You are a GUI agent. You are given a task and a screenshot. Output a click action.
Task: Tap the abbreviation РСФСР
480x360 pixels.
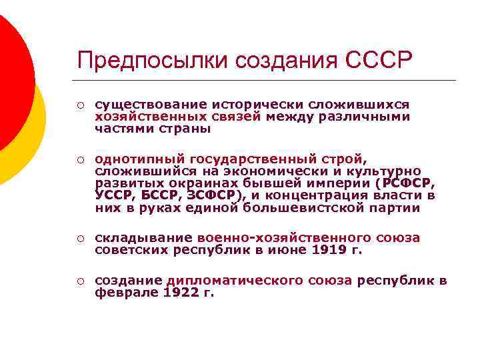407,183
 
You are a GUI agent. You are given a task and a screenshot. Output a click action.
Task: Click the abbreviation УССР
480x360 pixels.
115,195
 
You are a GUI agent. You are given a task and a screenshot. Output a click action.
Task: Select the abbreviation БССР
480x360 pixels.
159,195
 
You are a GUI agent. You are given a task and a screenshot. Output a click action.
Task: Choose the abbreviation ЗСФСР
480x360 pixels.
211,195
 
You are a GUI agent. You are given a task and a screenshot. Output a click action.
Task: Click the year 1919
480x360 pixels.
331,250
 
